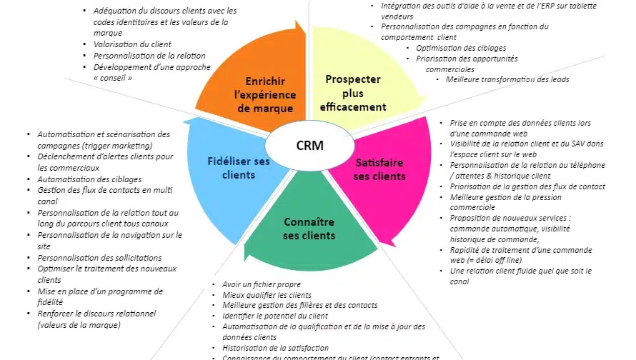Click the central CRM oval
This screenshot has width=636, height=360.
coord(309,146)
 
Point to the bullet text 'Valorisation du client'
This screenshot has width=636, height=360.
coord(134,44)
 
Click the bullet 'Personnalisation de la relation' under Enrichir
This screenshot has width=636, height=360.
coord(149,56)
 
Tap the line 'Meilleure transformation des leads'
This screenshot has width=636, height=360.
coord(507,79)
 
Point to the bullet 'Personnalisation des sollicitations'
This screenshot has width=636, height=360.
coord(99,258)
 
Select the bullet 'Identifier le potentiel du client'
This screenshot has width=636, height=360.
coord(275,316)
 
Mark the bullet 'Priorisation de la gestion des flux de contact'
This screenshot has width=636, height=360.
coord(527,186)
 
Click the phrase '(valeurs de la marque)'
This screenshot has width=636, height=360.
coord(79,325)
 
